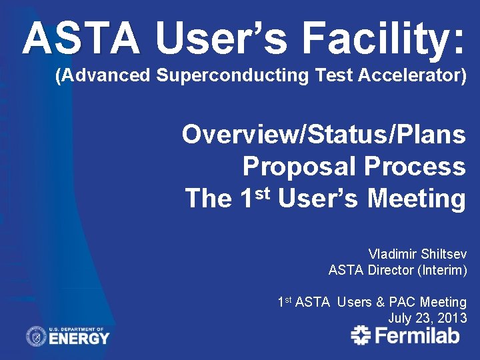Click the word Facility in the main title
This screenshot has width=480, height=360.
click(x=383, y=39)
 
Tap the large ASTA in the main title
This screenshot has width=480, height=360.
click(x=81, y=39)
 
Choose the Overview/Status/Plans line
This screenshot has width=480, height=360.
click(x=323, y=134)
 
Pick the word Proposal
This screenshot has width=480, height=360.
click(x=300, y=166)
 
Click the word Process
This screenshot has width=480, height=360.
click(x=415, y=166)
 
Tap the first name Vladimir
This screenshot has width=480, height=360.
click(x=392, y=254)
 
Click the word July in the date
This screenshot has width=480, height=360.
click(x=400, y=318)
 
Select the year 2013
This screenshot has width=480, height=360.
click(x=452, y=318)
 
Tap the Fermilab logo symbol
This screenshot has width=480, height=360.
click(x=361, y=335)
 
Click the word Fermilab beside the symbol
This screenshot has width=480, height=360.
click(x=417, y=335)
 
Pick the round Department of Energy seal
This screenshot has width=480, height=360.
click(x=36, y=336)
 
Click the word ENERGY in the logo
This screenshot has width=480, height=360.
click(x=79, y=339)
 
